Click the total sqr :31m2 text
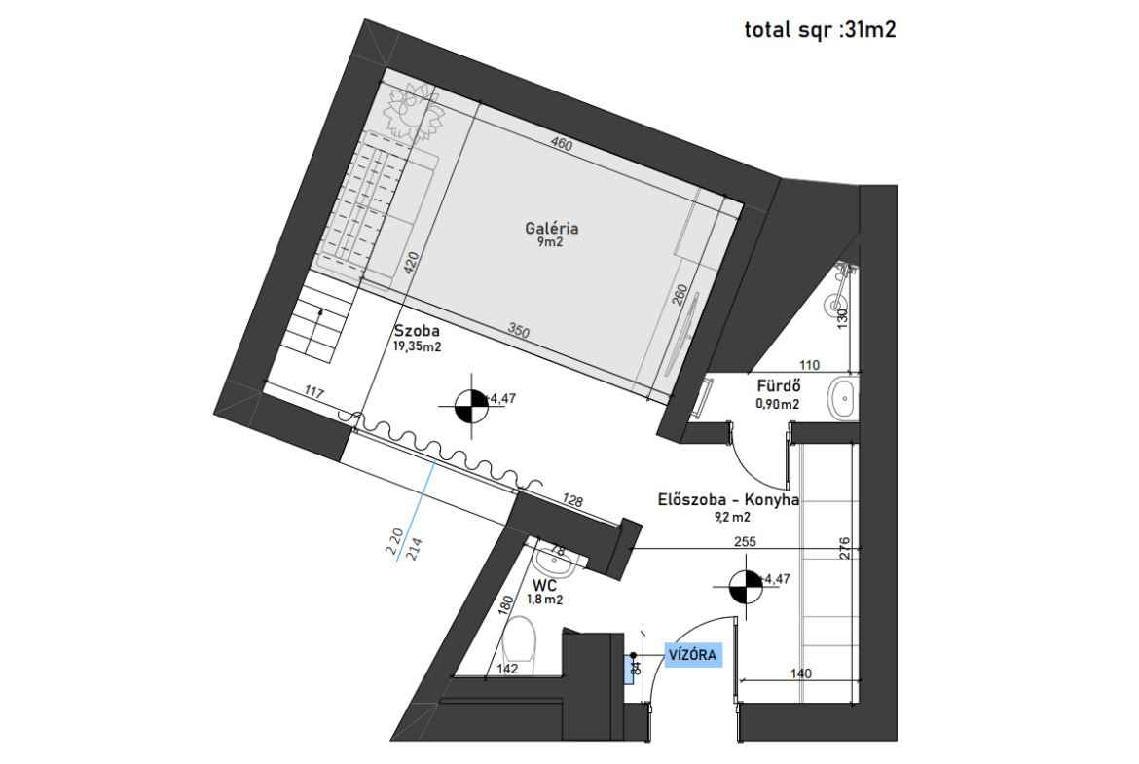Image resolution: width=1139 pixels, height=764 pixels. click(820, 30)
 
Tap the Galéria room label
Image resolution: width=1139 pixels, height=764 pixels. click(552, 228)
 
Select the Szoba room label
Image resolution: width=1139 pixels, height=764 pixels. click(417, 331)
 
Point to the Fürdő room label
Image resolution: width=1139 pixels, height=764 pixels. click(779, 386)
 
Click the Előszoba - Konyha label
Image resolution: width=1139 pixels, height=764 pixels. click(728, 499)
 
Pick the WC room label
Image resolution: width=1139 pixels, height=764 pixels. click(545, 585)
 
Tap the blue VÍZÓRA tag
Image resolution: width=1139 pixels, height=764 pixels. click(693, 655)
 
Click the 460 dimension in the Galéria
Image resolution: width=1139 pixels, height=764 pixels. click(562, 143)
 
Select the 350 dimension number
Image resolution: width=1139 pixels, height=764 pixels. click(519, 331)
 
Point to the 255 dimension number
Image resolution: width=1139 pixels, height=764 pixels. click(746, 542)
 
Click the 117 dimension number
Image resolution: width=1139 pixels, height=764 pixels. click(313, 393)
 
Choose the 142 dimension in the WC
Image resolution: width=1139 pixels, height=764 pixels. click(507, 669)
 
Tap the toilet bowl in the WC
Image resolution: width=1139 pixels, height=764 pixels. click(519, 638)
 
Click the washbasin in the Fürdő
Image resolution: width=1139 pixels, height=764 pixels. click(843, 397)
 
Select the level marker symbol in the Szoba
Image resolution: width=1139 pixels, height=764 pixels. click(471, 406)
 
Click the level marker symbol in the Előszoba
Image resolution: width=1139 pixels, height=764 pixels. click(746, 587)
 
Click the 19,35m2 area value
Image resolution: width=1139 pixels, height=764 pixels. click(418, 347)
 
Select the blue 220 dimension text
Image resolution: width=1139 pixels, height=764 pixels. click(394, 542)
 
